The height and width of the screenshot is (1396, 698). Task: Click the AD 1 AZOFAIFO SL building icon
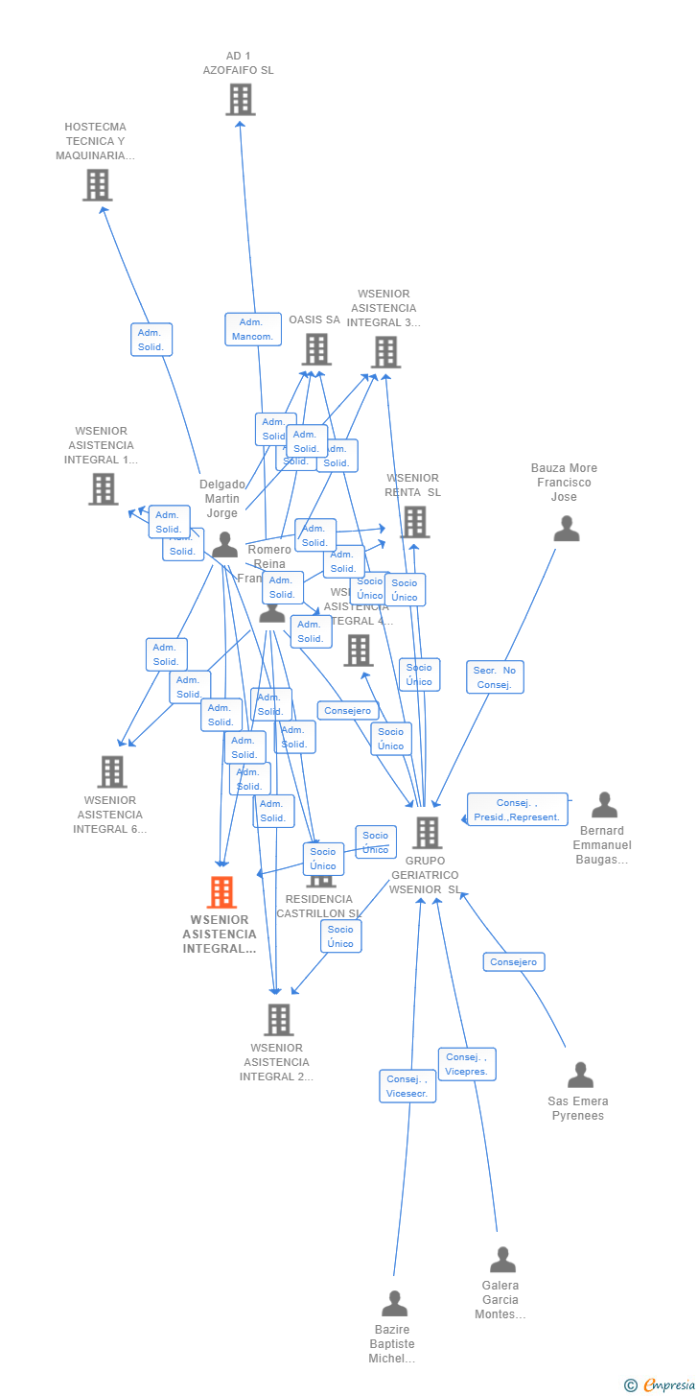point(240,99)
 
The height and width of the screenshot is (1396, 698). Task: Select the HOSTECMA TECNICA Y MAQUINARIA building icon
point(97,185)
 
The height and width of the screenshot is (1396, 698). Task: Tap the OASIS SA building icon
point(316,349)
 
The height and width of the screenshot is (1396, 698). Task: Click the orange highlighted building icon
point(221,892)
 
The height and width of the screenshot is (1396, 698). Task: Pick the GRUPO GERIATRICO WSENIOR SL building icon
point(427,833)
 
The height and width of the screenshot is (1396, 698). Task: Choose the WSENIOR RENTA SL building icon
point(414,522)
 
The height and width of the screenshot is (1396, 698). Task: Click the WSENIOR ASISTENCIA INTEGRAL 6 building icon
point(112,771)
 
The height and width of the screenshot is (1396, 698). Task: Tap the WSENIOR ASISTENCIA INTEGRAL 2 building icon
point(279,1020)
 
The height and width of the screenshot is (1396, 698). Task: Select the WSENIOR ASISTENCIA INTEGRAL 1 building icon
point(103,488)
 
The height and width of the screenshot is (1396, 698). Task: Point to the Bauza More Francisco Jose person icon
point(567,529)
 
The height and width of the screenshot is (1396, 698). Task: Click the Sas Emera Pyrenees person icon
point(580,1075)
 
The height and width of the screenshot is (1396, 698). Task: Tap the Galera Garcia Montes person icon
point(502,1260)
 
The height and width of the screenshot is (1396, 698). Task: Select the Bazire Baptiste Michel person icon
point(394,1304)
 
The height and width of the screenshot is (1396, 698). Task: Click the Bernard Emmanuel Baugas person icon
point(604,805)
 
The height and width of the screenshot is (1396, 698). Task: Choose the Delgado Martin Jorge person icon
point(224,545)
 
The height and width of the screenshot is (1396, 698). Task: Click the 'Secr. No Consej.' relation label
point(496,677)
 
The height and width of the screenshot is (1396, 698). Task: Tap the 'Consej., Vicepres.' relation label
point(467,1064)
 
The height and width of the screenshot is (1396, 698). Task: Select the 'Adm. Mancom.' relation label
point(252,329)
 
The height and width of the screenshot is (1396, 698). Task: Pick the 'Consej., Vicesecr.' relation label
point(407,1086)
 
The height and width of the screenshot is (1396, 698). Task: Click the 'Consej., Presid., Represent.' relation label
point(517,810)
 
